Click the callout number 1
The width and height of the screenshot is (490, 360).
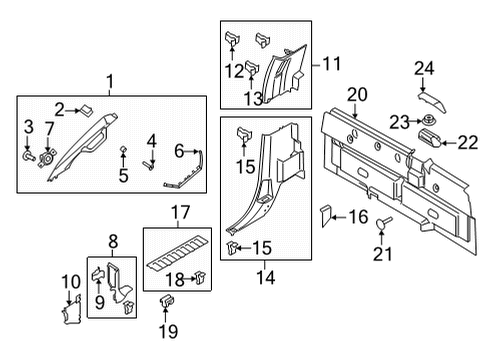112,82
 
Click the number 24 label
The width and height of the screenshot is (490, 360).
423,69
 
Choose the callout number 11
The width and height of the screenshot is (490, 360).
330,66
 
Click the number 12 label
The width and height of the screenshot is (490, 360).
233,71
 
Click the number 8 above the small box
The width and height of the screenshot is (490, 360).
113,241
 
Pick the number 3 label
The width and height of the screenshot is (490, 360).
27,127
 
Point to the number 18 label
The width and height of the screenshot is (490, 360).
173,278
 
